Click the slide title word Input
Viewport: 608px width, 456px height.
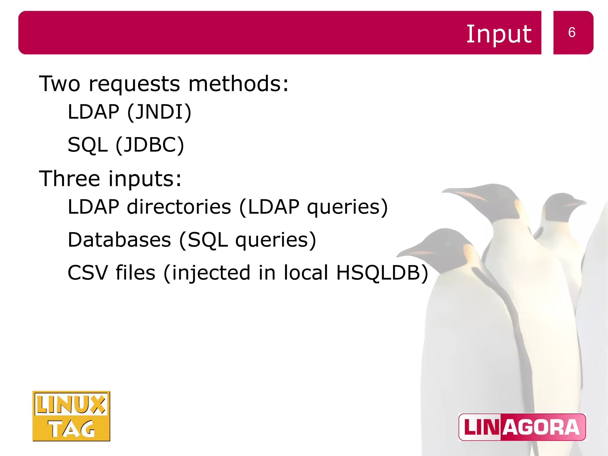pyautogui.click(x=499, y=34)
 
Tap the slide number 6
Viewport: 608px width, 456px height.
pyautogui.click(x=572, y=32)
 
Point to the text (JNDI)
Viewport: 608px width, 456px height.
pyautogui.click(x=159, y=112)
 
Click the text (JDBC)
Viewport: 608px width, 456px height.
pyautogui.click(x=150, y=145)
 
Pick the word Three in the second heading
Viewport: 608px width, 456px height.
pyautogui.click(x=69, y=179)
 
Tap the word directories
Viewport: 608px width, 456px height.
pyautogui.click(x=179, y=207)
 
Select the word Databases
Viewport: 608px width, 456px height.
pyautogui.click(x=119, y=240)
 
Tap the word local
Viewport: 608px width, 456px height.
pyautogui.click(x=306, y=273)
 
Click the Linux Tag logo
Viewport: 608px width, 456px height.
pyautogui.click(x=71, y=416)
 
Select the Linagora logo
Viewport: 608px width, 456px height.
pyautogui.click(x=522, y=427)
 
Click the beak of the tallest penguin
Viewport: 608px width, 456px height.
pyautogui.click(x=463, y=193)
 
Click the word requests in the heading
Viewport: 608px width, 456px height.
pyautogui.click(x=134, y=84)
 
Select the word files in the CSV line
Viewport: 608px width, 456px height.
pyautogui.click(x=135, y=273)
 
